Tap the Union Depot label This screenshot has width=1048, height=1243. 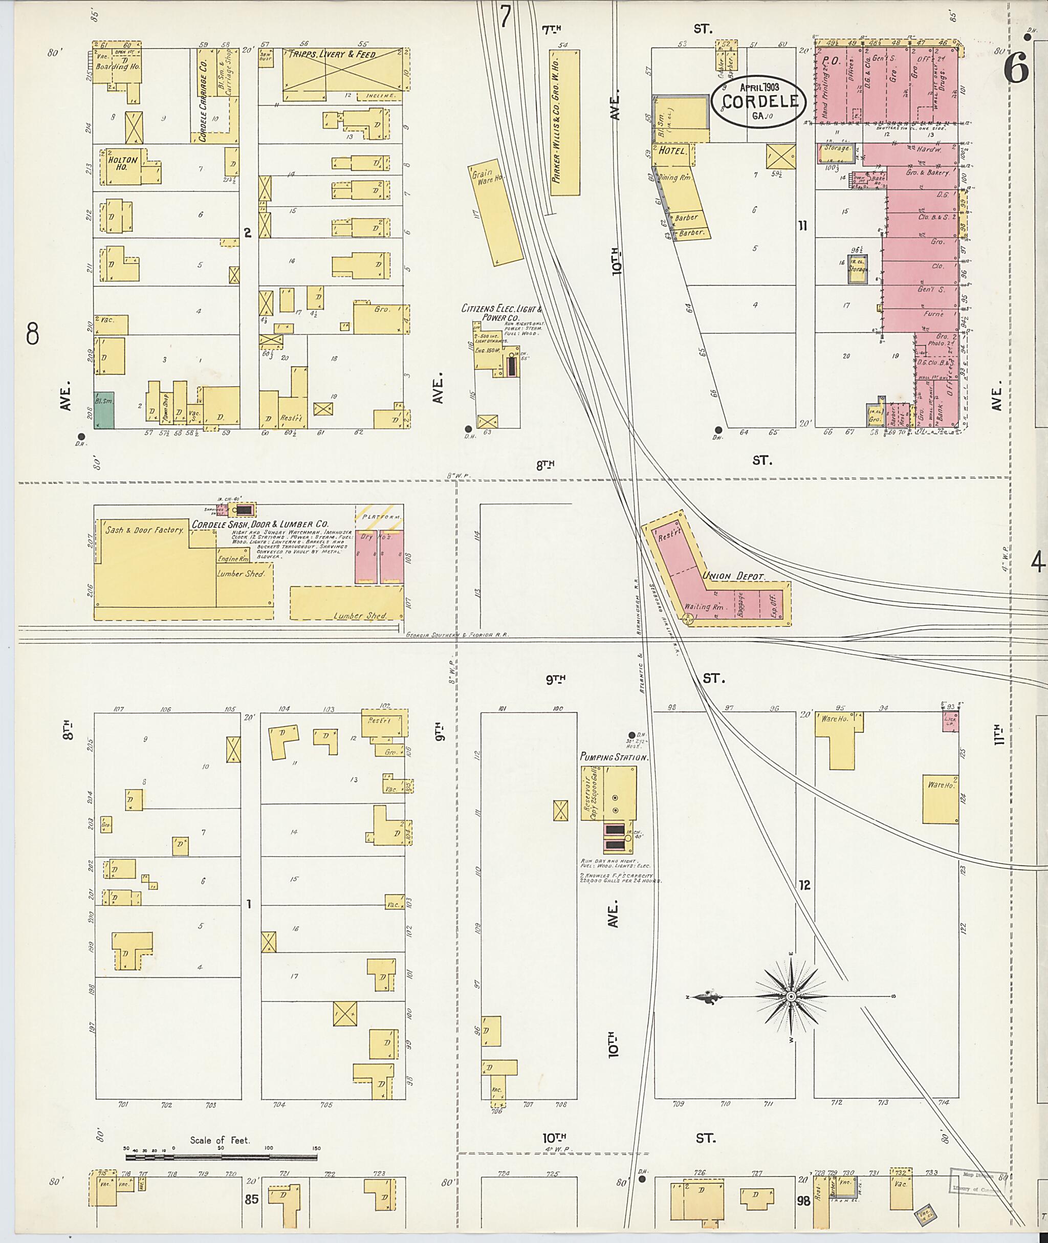pos(733,576)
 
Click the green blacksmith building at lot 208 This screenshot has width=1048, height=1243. pos(104,410)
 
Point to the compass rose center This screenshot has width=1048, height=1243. pos(791,996)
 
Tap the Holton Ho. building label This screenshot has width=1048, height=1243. pos(122,163)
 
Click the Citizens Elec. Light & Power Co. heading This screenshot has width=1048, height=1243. pos(501,313)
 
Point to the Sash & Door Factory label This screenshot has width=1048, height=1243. pos(144,530)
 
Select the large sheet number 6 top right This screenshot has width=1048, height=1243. pos(1016,70)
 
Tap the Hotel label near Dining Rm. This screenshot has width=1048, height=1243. pos(672,151)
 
